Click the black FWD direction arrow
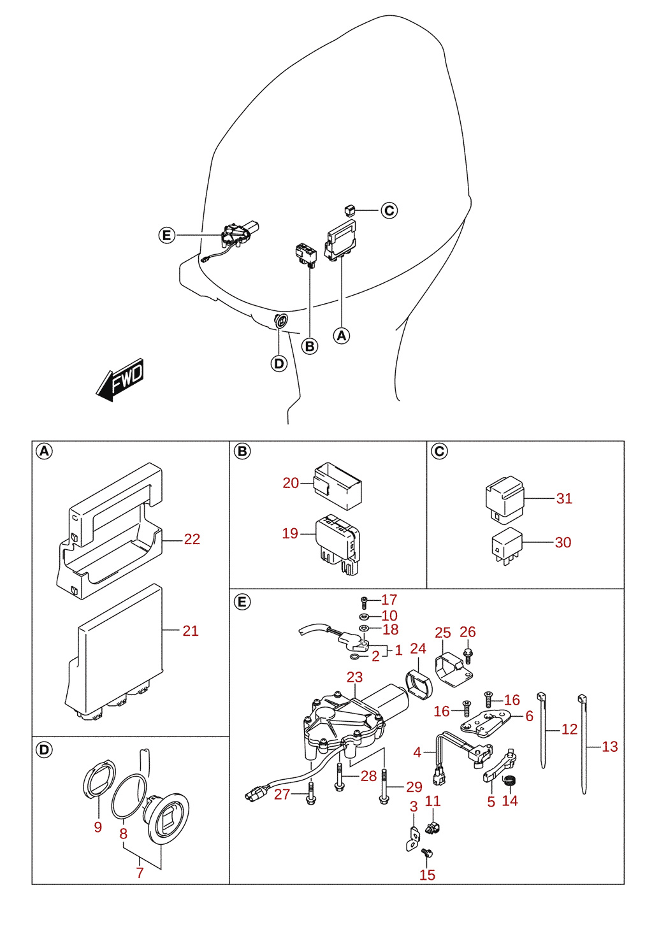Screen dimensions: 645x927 [120, 380]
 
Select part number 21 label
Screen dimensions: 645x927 [191, 631]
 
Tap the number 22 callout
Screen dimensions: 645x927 [192, 539]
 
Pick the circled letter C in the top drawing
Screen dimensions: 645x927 [389, 210]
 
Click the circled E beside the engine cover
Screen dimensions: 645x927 [167, 236]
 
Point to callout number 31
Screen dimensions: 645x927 [564, 498]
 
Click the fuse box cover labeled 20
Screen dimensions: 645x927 [337, 486]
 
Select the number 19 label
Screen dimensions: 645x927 [290, 533]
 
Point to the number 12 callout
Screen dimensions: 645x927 [569, 729]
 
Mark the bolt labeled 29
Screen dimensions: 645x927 [383, 786]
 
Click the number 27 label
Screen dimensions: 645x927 [282, 794]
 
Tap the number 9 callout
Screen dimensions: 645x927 [98, 827]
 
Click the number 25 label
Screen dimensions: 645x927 [442, 633]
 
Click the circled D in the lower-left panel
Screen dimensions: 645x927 [45, 749]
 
